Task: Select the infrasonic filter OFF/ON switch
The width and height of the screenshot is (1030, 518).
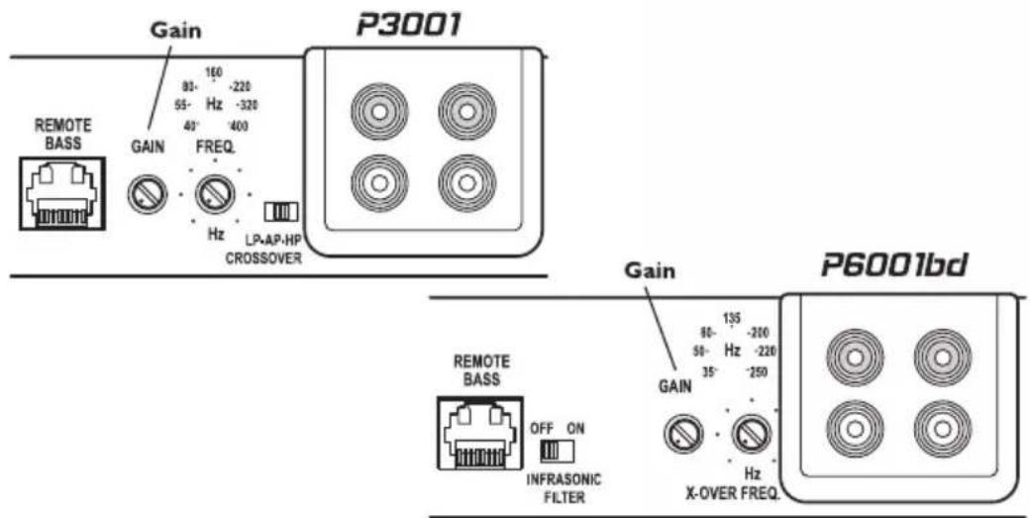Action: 551,452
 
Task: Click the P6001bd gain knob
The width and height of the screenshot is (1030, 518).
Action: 685,432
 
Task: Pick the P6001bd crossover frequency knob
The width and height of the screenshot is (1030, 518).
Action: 751,433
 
